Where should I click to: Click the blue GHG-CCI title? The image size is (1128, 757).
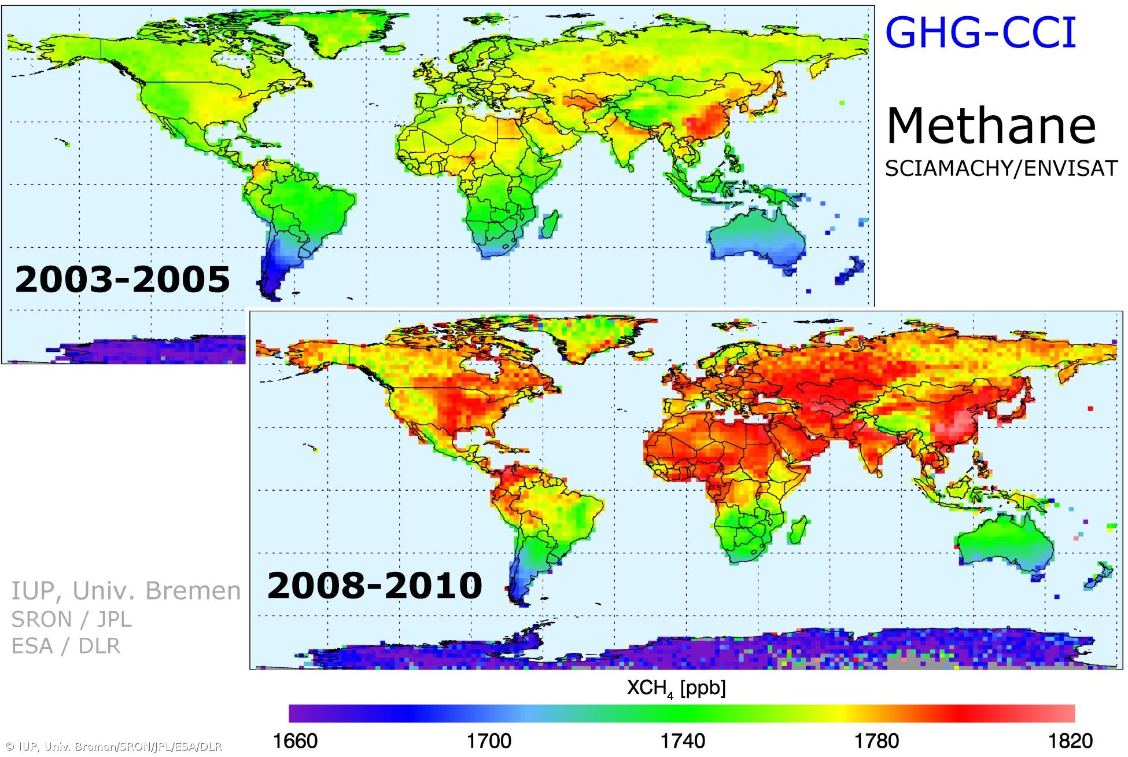[980, 33]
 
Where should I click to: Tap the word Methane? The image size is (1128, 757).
[990, 126]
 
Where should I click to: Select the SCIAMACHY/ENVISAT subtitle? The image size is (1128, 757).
[1001, 168]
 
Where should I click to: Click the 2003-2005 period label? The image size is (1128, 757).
[122, 280]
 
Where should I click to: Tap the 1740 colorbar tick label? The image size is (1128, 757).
[683, 741]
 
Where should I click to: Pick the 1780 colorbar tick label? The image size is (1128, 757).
[877, 741]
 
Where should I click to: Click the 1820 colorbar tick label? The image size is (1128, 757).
[1070, 741]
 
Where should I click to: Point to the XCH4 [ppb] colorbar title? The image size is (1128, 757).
[676, 689]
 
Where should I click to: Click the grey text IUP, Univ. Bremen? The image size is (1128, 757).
[126, 591]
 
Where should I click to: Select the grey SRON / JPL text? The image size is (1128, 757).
[72, 619]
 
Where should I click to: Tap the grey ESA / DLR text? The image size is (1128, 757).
[66, 646]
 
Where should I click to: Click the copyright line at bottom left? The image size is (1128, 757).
[112, 747]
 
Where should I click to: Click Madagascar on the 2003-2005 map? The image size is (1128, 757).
[550, 225]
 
